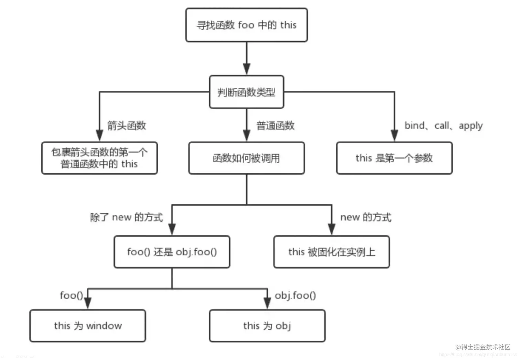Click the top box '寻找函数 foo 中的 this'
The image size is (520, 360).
(246, 25)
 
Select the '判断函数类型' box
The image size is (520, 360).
(246, 92)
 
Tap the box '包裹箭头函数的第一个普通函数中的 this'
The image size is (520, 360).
(99, 158)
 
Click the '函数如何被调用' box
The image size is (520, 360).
(246, 158)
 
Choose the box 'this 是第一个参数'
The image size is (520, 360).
(394, 158)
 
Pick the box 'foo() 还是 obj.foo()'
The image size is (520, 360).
(172, 252)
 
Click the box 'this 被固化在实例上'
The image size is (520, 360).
(332, 252)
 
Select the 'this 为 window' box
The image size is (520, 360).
(88, 326)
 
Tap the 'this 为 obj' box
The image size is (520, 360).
(267, 326)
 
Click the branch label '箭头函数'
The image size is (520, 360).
(127, 126)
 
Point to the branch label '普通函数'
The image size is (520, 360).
(275, 126)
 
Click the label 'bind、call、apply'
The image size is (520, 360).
(443, 126)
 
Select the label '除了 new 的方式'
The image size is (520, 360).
(126, 217)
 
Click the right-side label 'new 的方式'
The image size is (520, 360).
(366, 217)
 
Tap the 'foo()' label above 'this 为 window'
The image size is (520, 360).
(72, 295)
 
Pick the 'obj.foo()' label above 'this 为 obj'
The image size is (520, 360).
(295, 295)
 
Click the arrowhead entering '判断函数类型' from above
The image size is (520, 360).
(246, 69)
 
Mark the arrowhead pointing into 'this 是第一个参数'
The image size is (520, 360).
(394, 135)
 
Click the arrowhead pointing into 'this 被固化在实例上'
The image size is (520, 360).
(332, 229)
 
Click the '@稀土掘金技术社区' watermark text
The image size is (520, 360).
(483, 347)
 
